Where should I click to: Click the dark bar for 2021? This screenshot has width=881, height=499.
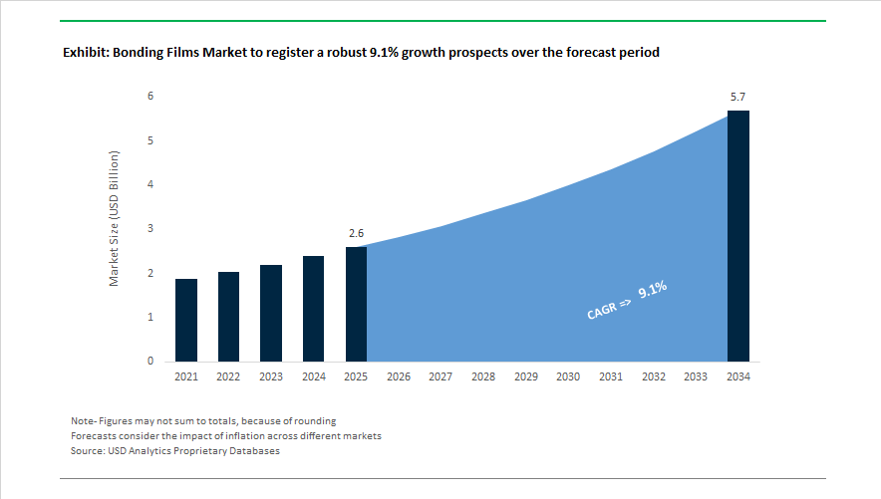(x=185, y=320)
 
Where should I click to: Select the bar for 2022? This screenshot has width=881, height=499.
(x=228, y=316)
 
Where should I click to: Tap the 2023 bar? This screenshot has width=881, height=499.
(x=271, y=313)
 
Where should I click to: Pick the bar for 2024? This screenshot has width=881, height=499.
(x=313, y=309)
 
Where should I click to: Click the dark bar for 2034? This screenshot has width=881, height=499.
(x=737, y=236)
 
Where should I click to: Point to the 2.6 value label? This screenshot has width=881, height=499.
(x=356, y=233)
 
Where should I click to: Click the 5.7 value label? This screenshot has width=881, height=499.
(x=737, y=97)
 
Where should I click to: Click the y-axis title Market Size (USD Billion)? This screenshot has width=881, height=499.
(x=115, y=219)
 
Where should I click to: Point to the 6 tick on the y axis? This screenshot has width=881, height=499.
(x=150, y=97)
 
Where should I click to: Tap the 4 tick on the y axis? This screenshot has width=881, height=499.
(x=150, y=185)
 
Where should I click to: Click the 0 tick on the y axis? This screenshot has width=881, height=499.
(x=150, y=362)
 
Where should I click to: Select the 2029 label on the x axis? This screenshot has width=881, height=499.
(x=525, y=377)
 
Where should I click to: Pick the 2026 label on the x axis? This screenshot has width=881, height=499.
(x=399, y=377)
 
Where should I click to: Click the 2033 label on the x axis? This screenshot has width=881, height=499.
(x=696, y=377)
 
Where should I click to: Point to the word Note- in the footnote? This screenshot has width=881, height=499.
(x=87, y=420)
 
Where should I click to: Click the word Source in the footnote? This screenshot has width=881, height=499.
(x=89, y=451)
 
